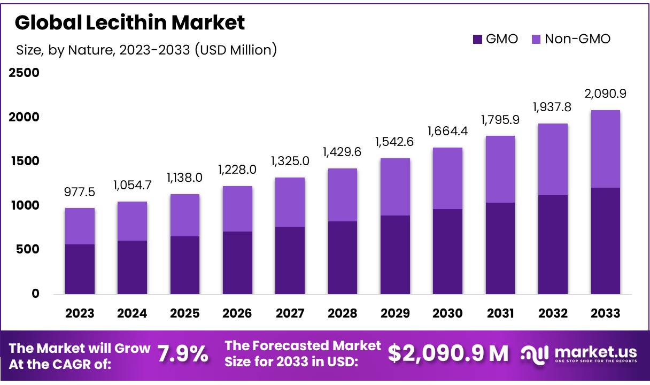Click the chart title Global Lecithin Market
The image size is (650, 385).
pyautogui.click(x=130, y=22)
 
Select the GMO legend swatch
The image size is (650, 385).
pyautogui.click(x=477, y=39)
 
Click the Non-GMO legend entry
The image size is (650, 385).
pyautogui.click(x=571, y=39)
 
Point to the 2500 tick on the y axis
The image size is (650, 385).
pyautogui.click(x=24, y=73)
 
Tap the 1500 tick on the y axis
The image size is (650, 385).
pyautogui.click(x=24, y=161)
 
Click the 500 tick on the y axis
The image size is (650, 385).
pyautogui.click(x=27, y=250)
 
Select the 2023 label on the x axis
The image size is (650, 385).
pyautogui.click(x=80, y=313)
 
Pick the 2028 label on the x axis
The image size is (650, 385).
pyautogui.click(x=343, y=313)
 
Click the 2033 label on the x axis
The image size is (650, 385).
pyautogui.click(x=605, y=313)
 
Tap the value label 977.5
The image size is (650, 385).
pyautogui.click(x=80, y=191)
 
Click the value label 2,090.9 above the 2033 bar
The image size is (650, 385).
pyautogui.click(x=605, y=94)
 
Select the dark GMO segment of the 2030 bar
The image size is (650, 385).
pyautogui.click(x=447, y=251)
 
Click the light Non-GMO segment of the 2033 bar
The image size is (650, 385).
pyautogui.click(x=605, y=149)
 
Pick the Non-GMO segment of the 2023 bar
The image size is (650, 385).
pyautogui.click(x=80, y=226)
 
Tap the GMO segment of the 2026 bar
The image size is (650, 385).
pyautogui.click(x=237, y=263)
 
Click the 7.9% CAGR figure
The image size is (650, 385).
pyautogui.click(x=183, y=353)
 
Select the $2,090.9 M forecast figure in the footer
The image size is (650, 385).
pyautogui.click(x=448, y=353)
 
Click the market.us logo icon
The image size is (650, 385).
pyautogui.click(x=535, y=353)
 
